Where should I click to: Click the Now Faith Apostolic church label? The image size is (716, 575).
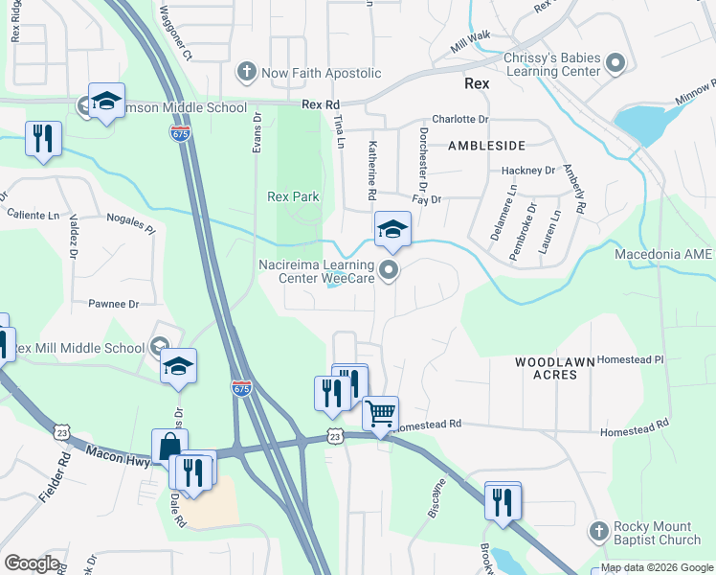click(x=310, y=73)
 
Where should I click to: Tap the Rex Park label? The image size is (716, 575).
click(x=292, y=196)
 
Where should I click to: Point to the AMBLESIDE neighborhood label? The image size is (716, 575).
click(x=487, y=146)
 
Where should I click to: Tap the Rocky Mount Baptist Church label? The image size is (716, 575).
click(x=659, y=535)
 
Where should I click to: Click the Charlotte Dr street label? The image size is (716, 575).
click(x=459, y=120)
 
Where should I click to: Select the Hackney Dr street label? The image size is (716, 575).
click(x=528, y=171)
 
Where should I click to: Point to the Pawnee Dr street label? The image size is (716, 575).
click(x=114, y=304)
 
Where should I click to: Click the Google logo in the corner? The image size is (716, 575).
click(x=32, y=563)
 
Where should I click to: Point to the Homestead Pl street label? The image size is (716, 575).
click(x=630, y=359)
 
